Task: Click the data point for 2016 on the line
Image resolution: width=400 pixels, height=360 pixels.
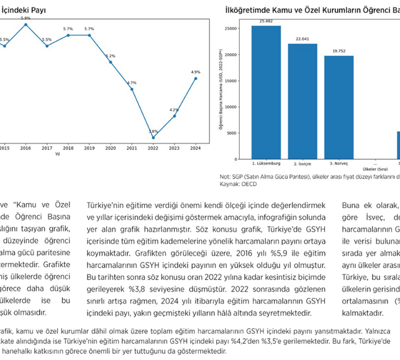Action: click(25, 24)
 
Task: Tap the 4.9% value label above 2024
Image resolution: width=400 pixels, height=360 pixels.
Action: click(196, 72)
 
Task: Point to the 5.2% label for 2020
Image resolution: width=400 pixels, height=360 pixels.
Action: click(111, 56)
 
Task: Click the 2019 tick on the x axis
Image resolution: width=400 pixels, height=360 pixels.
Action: click(89, 148)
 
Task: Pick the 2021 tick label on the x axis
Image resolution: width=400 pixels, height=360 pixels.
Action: click(132, 148)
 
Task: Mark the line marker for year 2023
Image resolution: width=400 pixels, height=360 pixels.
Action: click(175, 116)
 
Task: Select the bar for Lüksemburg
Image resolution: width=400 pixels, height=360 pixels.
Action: click(266, 92)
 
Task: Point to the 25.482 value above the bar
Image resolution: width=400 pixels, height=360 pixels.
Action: click(266, 21)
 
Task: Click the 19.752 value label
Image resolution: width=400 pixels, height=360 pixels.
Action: click(339, 51)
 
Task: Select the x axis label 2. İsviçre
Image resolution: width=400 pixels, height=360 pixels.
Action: click(302, 163)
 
